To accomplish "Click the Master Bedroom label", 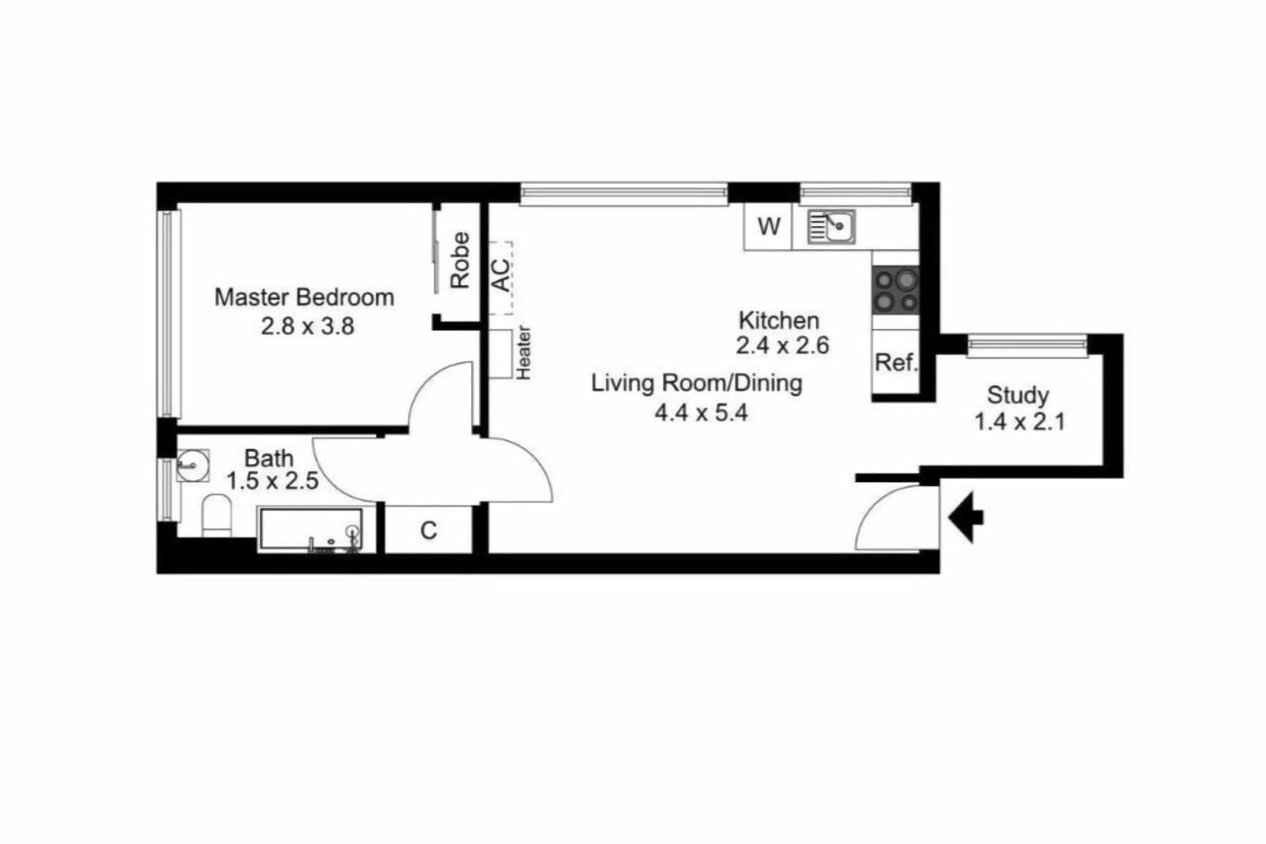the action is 304,297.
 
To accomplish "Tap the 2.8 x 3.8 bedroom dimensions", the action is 307,326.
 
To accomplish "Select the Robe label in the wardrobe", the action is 460,260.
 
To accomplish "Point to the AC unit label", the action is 501,276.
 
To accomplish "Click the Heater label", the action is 524,353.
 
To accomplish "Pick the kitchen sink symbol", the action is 831,227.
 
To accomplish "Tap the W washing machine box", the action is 768,227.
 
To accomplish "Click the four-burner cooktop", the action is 895,290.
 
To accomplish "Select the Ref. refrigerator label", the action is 896,362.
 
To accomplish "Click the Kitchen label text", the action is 779,320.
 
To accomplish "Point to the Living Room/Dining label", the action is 696,383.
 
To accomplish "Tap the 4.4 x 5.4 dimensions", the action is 701,413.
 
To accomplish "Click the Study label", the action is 1017,395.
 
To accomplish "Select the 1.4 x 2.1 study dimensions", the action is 1019,421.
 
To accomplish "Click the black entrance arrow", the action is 966,518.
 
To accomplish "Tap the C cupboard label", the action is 429,530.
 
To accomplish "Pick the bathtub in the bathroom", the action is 311,529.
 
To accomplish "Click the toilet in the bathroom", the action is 217,516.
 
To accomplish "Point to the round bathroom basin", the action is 193,465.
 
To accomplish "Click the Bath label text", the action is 268,458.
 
